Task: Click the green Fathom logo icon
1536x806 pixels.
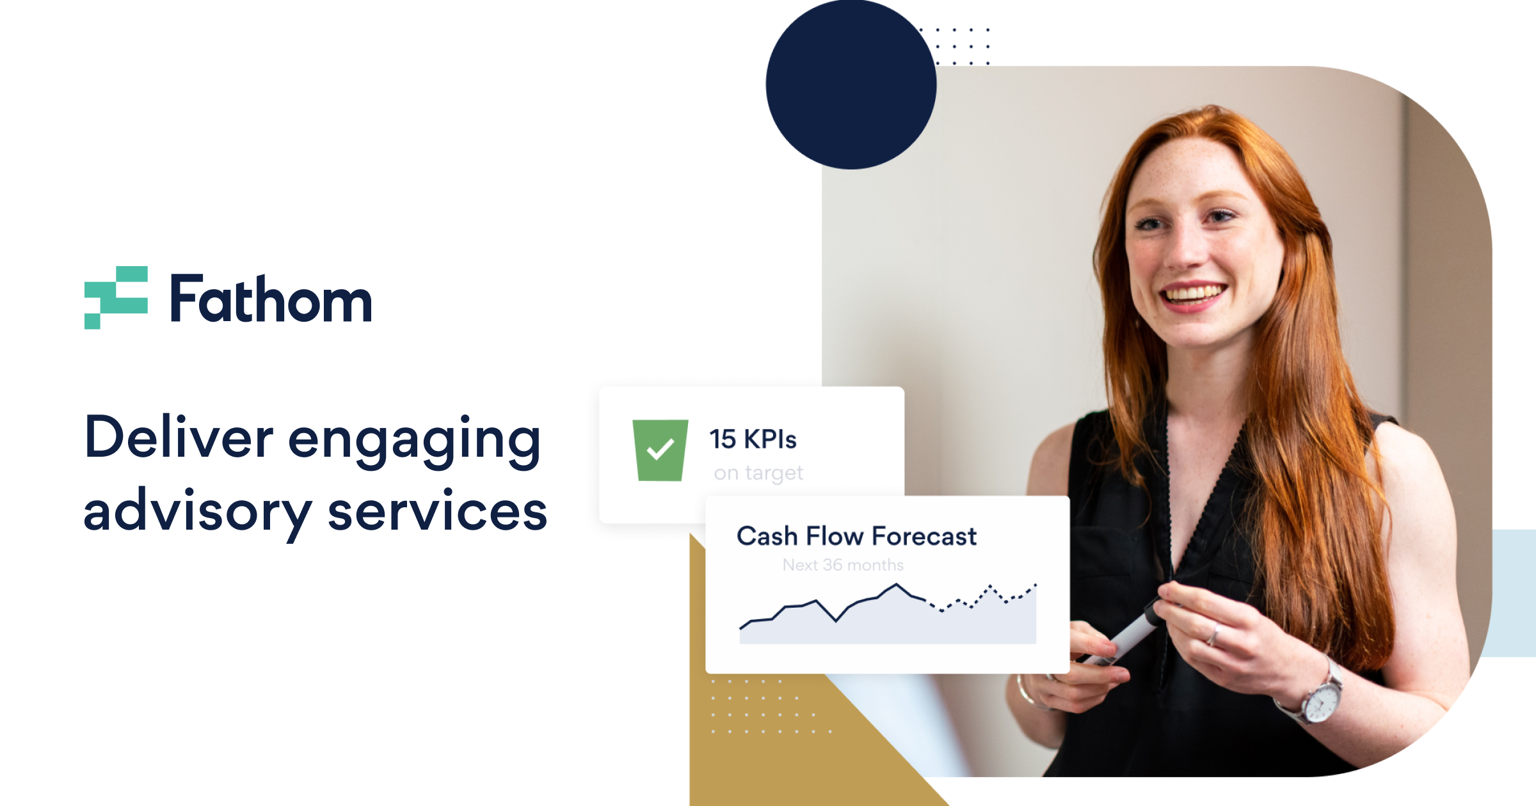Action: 116,297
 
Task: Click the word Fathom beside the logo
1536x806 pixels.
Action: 270,299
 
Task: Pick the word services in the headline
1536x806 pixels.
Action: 437,512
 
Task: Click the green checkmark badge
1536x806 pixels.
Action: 660,450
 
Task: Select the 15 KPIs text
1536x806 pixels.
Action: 753,439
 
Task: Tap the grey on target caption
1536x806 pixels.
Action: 758,473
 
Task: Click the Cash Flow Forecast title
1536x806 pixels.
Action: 856,536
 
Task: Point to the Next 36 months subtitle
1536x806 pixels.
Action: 843,565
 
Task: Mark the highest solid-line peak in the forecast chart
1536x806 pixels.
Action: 896,585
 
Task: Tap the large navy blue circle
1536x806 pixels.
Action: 851,84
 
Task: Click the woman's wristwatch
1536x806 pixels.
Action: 1321,702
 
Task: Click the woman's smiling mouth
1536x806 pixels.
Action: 1192,295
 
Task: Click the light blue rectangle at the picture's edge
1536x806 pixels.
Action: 1514,592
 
